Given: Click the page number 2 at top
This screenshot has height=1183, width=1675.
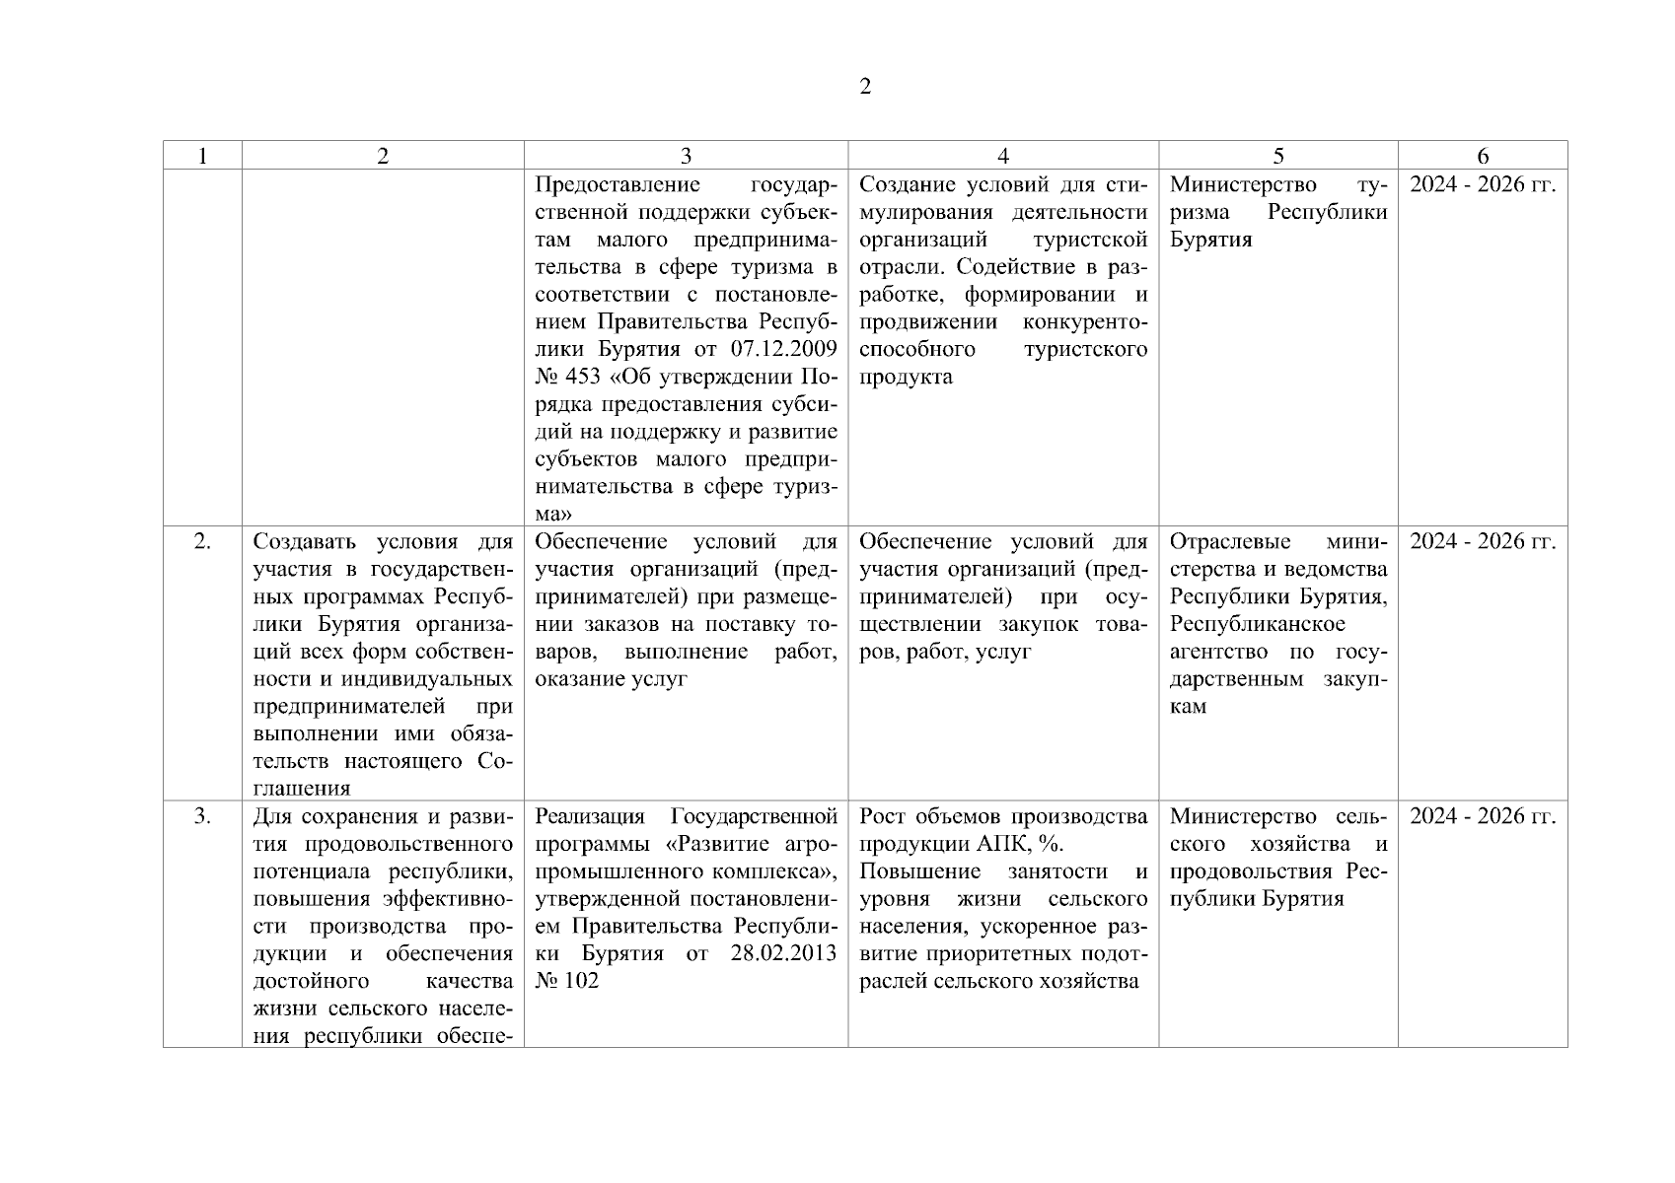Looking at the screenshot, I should (865, 87).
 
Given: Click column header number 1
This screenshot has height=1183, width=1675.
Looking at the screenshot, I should (202, 156).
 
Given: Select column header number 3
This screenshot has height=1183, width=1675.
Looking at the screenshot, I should (686, 156).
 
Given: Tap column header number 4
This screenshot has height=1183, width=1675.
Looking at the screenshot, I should (1003, 156).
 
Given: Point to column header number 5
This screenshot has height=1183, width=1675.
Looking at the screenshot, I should (1278, 156).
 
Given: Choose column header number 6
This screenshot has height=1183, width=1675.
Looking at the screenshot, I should (1483, 156).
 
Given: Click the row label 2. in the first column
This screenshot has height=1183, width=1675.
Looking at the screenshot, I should (202, 541).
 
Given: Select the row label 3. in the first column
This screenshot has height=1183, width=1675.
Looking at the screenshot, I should (202, 816).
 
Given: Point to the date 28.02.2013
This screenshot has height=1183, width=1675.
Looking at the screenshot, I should (783, 953).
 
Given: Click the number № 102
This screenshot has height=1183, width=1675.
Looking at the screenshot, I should (567, 981).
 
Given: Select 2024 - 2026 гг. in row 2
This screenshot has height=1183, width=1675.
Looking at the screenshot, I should (1483, 541).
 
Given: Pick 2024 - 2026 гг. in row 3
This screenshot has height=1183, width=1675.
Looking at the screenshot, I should (1483, 816).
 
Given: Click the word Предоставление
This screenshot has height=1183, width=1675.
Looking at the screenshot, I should (618, 185).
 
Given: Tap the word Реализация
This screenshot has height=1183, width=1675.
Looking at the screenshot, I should (589, 816).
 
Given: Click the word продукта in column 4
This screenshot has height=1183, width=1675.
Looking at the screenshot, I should (906, 378).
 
